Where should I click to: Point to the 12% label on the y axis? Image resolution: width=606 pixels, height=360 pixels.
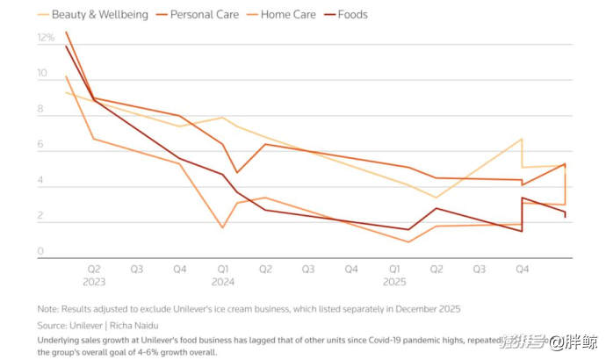46,39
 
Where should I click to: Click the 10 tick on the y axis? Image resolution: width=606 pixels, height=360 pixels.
40,75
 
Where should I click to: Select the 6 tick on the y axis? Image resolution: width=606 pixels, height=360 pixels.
40,147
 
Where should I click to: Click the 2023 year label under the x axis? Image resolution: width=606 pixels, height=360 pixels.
94,283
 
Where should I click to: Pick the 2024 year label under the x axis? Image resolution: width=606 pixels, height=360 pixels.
223,283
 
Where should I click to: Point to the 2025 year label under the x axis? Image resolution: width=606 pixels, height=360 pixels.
394,283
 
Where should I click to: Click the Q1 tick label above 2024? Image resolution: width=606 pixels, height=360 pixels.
223,270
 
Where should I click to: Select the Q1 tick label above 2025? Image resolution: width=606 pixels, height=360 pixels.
394,270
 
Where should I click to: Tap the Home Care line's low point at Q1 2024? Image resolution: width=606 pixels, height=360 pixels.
222,228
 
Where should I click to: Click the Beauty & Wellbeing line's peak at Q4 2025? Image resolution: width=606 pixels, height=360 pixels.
523,139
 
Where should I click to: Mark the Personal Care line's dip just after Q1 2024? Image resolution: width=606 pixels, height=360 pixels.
236,172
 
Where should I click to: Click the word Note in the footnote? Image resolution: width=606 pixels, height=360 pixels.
48,309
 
